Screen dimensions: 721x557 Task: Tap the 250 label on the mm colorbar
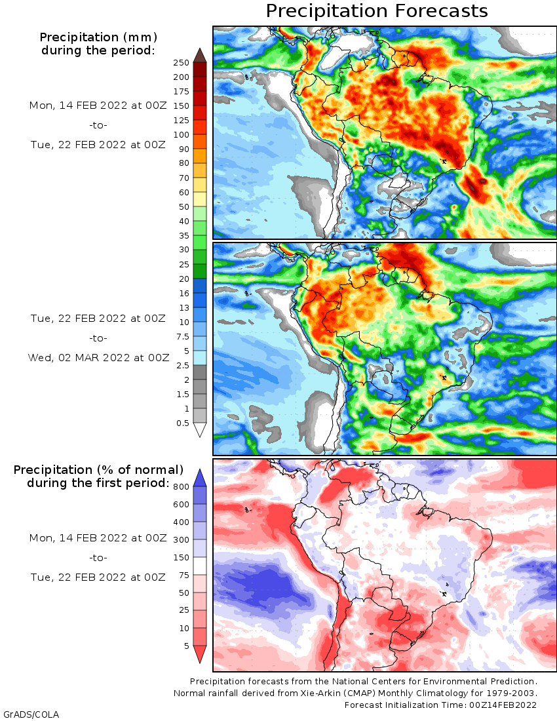pyautogui.click(x=181, y=63)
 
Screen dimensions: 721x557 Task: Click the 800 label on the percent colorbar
pyautogui.click(x=182, y=486)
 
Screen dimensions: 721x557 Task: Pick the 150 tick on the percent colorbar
pyautogui.click(x=182, y=558)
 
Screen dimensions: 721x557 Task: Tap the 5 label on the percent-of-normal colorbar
pyautogui.click(x=186, y=646)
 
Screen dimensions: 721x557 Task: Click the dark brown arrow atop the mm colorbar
pyautogui.click(x=200, y=54)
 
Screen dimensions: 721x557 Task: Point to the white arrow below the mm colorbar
pyautogui.click(x=200, y=430)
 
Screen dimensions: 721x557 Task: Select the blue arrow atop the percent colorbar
pyautogui.click(x=200, y=477)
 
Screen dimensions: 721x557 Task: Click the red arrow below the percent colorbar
pyautogui.click(x=200, y=654)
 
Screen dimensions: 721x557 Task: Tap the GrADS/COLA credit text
pyautogui.click(x=26, y=714)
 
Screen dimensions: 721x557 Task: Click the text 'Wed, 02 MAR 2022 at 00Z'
pyautogui.click(x=98, y=358)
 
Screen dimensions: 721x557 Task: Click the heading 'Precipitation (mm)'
pyautogui.click(x=98, y=37)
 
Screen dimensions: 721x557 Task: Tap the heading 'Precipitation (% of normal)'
pyautogui.click(x=98, y=470)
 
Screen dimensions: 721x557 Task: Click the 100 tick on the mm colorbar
pyautogui.click(x=181, y=135)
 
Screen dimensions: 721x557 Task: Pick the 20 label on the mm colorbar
pyautogui.click(x=183, y=279)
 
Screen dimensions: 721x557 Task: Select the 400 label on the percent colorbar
pyautogui.click(x=182, y=522)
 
